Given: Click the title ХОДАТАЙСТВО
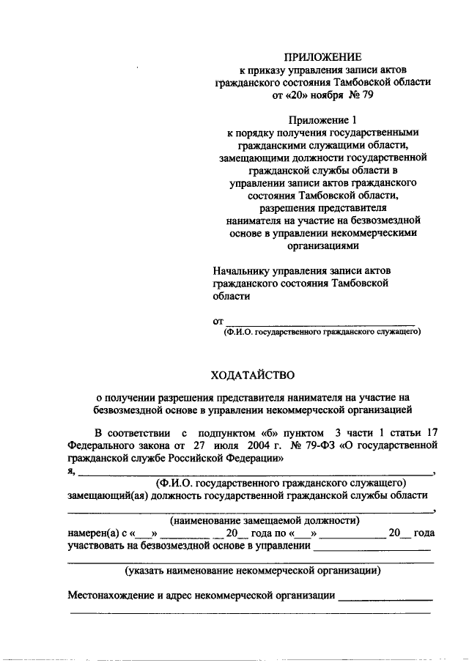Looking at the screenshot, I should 253,377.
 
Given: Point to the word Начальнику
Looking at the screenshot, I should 245,270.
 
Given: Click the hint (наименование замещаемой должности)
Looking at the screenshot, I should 265,521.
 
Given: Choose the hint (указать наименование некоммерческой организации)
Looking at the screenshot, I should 252,570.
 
